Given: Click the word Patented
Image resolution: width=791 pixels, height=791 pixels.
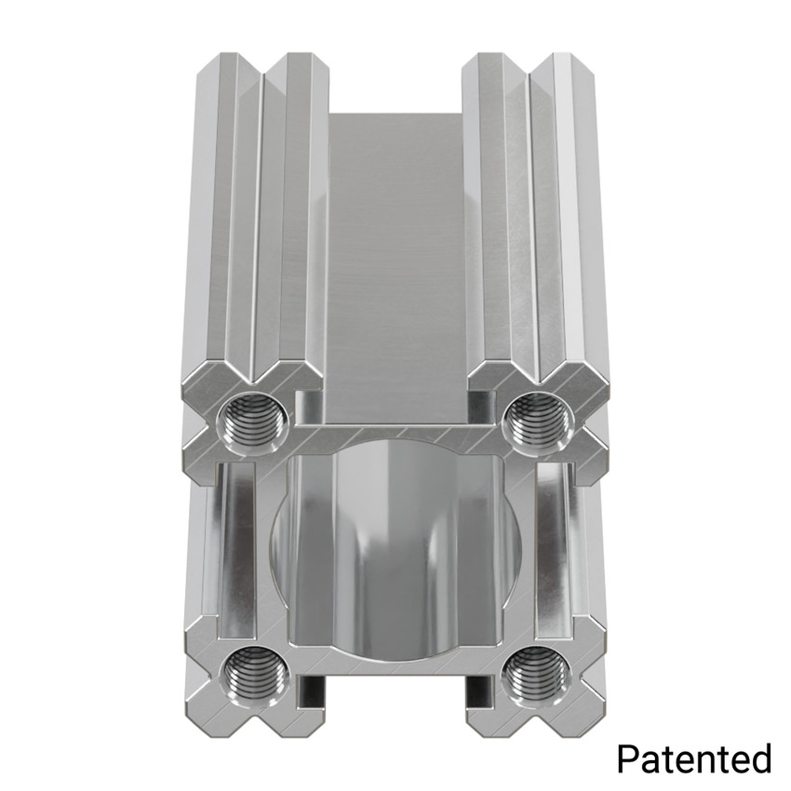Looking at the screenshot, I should tap(693, 757).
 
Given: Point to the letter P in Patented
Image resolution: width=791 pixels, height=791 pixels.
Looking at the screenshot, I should tap(627, 757).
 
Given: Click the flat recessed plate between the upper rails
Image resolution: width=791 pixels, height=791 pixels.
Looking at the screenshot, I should tap(395, 261).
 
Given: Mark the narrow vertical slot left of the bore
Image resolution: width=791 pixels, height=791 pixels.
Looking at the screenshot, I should tap(237, 549).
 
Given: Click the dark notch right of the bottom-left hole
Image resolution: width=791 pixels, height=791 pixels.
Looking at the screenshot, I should tap(311, 690).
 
